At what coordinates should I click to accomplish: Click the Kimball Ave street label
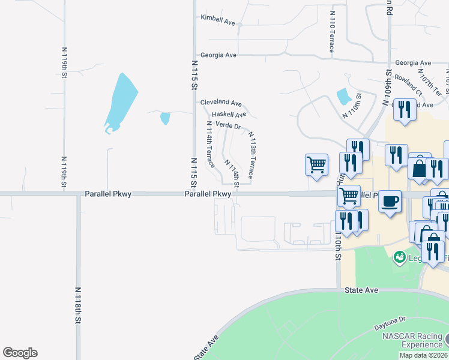(218, 20)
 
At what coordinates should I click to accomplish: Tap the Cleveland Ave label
(221, 103)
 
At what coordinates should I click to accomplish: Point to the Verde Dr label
(228, 126)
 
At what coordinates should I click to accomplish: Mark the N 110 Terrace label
(331, 31)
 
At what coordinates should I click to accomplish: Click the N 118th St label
(78, 305)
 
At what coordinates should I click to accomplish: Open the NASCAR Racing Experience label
(412, 340)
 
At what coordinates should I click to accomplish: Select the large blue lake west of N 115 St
(121, 103)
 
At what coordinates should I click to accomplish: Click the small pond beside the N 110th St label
(343, 96)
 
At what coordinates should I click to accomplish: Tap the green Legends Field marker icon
(399, 257)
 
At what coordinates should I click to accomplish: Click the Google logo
(20, 353)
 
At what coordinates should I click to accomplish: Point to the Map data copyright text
(423, 355)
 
